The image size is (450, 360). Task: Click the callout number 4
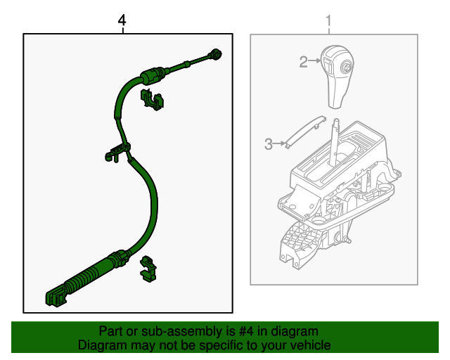point(122,22)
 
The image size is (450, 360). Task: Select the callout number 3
point(268,145)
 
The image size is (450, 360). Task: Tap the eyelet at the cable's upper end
point(217,54)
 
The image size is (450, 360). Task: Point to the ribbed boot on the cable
point(84,277)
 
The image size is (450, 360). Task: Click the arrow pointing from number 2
point(315,63)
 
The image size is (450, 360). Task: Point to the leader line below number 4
point(123,30)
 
